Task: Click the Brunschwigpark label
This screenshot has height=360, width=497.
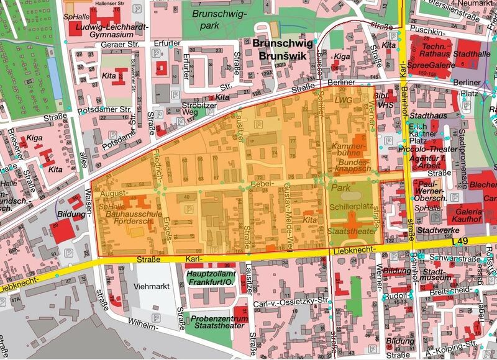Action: coord(219,19)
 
